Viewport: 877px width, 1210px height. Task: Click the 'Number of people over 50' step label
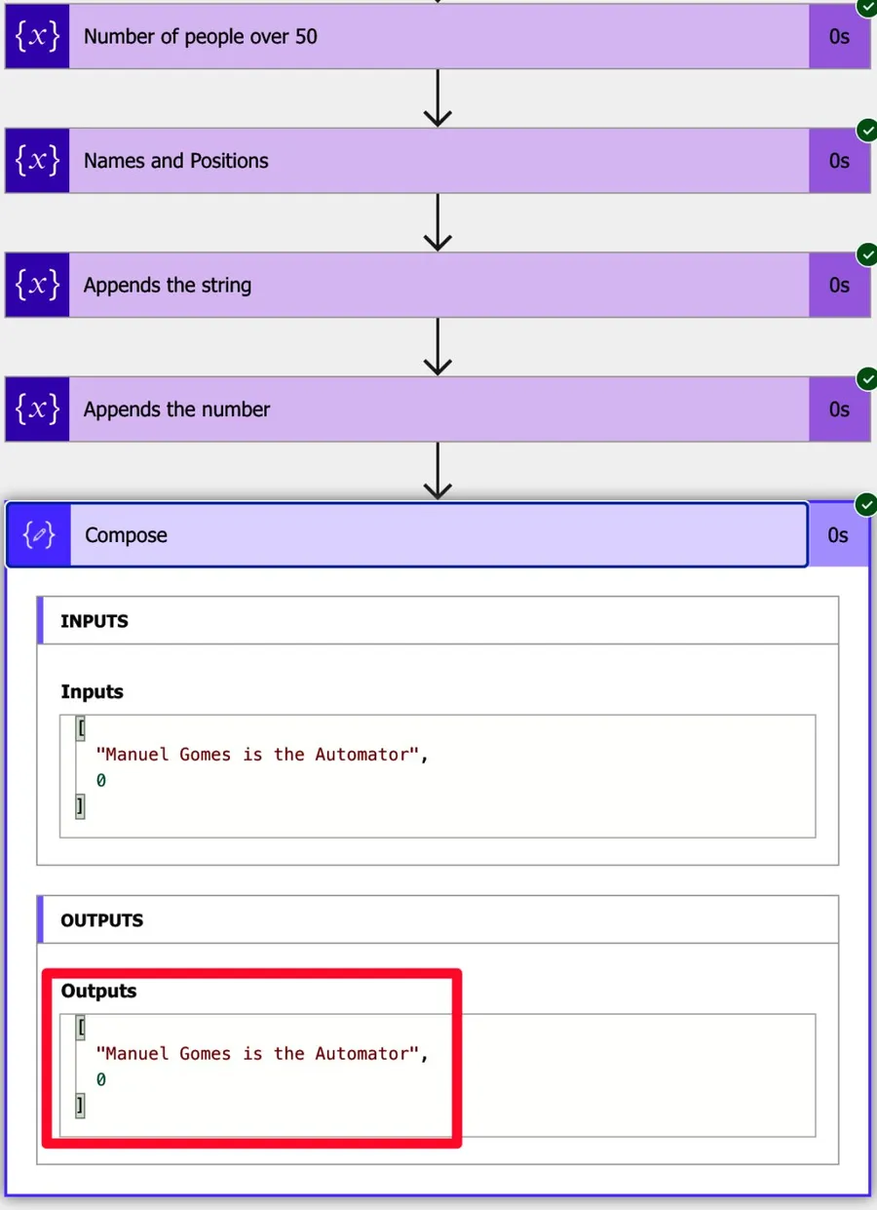tap(200, 37)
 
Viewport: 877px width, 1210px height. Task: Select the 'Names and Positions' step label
tap(175, 161)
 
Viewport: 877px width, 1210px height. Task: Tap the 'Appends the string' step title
tap(167, 286)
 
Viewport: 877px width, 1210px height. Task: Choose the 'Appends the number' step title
tap(176, 410)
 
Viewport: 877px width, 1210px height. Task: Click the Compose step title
tap(126, 535)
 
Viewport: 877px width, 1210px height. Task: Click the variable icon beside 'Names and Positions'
tap(37, 161)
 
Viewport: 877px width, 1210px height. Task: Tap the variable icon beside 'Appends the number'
tap(37, 410)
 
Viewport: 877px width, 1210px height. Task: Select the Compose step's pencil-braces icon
tap(39, 534)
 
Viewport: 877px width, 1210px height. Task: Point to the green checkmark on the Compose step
tap(865, 504)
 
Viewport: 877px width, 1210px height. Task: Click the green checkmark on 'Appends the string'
tap(865, 254)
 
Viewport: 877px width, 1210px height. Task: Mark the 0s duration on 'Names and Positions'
tap(839, 161)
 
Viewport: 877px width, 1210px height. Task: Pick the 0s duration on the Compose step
tap(838, 535)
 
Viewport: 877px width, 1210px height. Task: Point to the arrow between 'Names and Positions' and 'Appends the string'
tap(438, 222)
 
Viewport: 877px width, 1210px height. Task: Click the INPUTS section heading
tap(95, 621)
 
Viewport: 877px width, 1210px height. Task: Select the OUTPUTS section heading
tap(101, 920)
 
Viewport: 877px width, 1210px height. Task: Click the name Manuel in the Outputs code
tap(135, 1054)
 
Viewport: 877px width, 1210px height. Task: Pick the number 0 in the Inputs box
tap(100, 781)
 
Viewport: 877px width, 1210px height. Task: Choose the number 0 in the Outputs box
tap(100, 1080)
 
